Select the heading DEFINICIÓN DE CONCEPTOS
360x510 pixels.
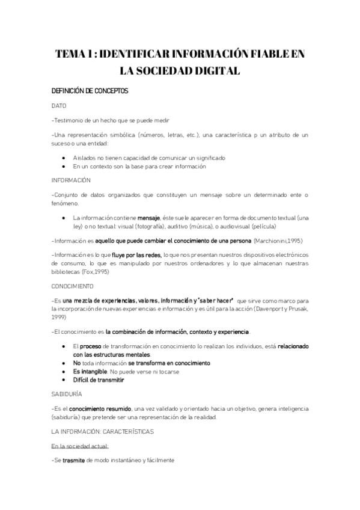(89, 91)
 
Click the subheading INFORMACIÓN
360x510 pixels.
(71, 180)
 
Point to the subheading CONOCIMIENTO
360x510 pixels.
(73, 286)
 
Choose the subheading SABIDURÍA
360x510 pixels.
(67, 392)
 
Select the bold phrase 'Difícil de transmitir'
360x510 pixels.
(98, 380)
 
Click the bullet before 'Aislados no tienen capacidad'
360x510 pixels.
(64, 158)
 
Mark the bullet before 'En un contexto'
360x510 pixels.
(64, 166)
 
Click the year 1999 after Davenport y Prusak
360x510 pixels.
(58, 316)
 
